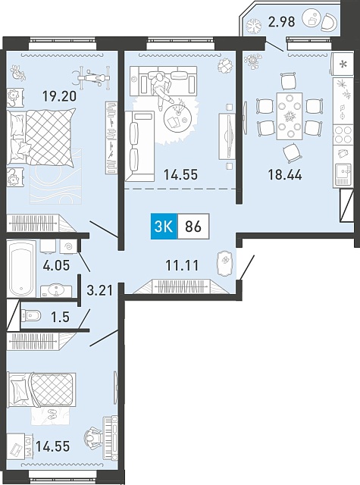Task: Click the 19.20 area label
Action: tap(59, 96)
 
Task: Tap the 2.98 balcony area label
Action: tap(281, 22)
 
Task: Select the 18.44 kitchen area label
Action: tap(284, 175)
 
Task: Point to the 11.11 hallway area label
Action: tap(182, 265)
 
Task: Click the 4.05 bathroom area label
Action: tap(56, 265)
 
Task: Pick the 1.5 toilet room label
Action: tap(61, 317)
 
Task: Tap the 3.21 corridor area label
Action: tap(99, 290)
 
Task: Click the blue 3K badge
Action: tap(164, 227)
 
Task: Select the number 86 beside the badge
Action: tap(193, 227)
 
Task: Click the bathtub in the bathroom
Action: tap(21, 268)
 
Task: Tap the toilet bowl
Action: tap(31, 316)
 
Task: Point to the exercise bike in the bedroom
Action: tap(92, 76)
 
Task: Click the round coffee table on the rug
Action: tap(176, 117)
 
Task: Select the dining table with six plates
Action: tap(290, 116)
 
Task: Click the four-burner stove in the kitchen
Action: tap(343, 135)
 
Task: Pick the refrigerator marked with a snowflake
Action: tap(343, 64)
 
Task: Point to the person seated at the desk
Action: tap(92, 437)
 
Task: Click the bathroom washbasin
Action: tap(56, 291)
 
